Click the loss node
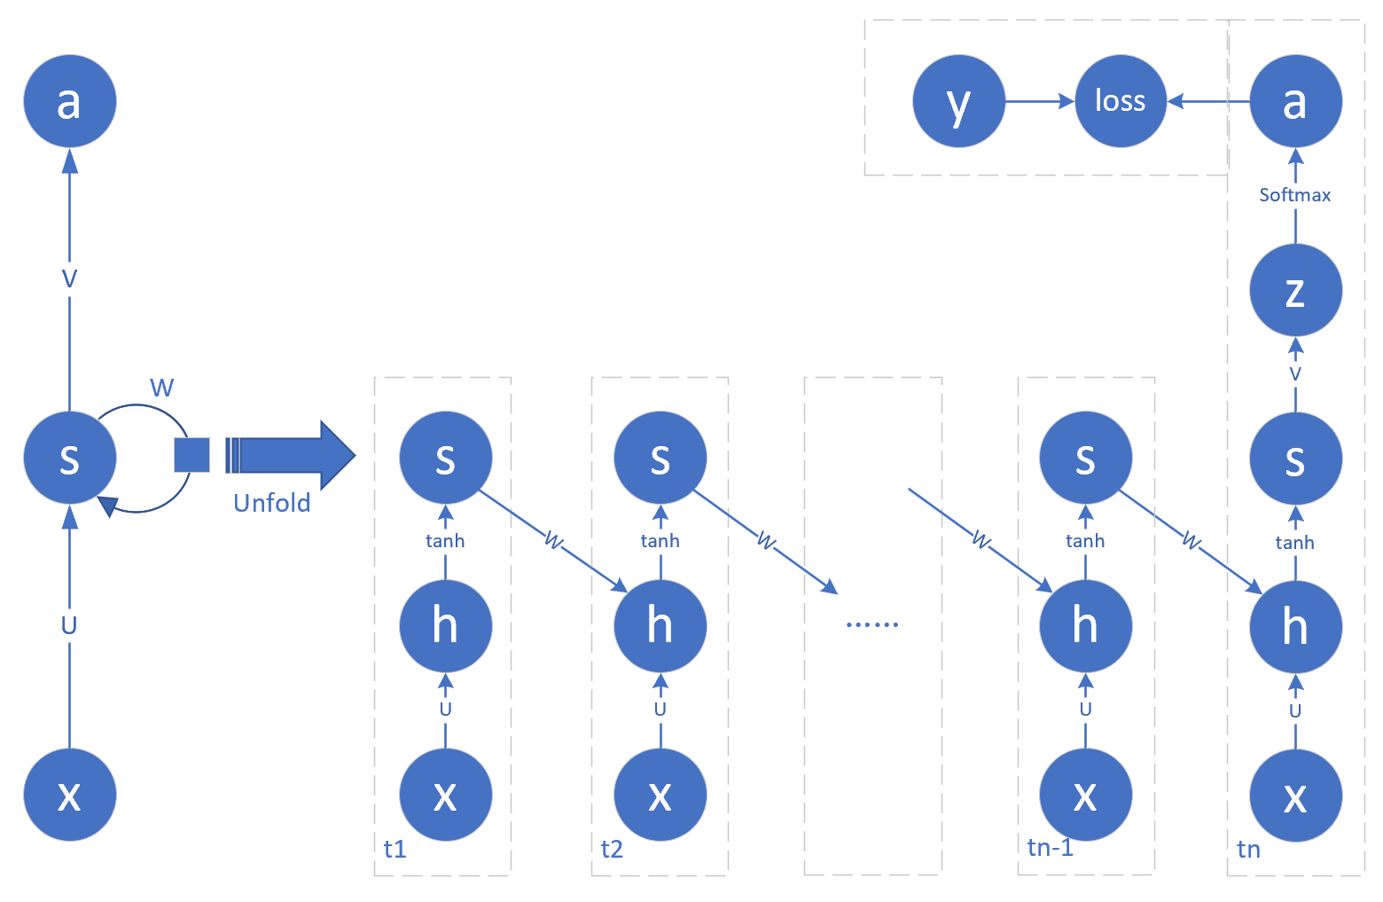coord(1121,101)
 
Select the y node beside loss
coord(959,101)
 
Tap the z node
coord(1295,290)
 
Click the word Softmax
coord(1295,195)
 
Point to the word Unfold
coord(272,503)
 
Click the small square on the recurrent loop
coord(191,455)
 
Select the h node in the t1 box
coord(445,626)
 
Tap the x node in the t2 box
coord(660,795)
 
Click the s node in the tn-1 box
coord(1085,458)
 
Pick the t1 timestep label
coord(395,850)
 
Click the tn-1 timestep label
coord(1051,848)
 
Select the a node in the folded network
coord(69,101)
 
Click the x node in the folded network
coord(69,795)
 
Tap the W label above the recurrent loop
coord(162,388)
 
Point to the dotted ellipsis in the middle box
coord(872,624)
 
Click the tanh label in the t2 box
coord(660,541)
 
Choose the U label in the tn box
coord(1295,711)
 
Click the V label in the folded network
coord(69,279)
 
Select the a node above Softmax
coord(1295,101)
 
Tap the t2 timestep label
coord(612,850)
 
